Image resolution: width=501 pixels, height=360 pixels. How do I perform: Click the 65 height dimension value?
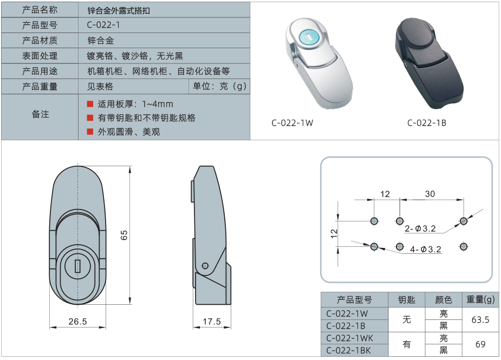tap(124, 235)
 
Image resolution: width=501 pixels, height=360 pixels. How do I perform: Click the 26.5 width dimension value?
tap(77, 322)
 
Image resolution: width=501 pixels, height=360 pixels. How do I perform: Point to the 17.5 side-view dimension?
tap(212, 322)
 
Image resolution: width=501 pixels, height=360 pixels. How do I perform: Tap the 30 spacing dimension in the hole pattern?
tap(430, 194)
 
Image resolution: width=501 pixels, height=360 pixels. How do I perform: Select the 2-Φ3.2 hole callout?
tap(420, 228)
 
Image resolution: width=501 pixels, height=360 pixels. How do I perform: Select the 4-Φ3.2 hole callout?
tap(426, 250)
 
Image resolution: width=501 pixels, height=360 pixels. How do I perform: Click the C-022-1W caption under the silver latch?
tap(292, 123)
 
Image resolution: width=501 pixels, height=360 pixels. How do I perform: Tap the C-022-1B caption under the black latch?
tap(427, 123)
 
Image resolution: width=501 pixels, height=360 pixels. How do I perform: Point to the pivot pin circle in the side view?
tap(204, 265)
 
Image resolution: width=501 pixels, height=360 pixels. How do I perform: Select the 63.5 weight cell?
tap(480, 320)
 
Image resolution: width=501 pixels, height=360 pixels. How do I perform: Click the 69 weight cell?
tap(480, 344)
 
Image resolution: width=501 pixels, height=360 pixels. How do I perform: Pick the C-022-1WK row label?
tap(349, 338)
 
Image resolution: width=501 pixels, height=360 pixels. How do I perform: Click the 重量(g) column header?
tap(480, 299)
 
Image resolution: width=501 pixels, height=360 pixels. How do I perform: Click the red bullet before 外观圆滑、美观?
tap(90, 132)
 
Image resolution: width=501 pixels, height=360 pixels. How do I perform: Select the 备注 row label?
tap(40, 114)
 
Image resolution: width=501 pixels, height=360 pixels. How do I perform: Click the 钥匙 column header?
tap(407, 299)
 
